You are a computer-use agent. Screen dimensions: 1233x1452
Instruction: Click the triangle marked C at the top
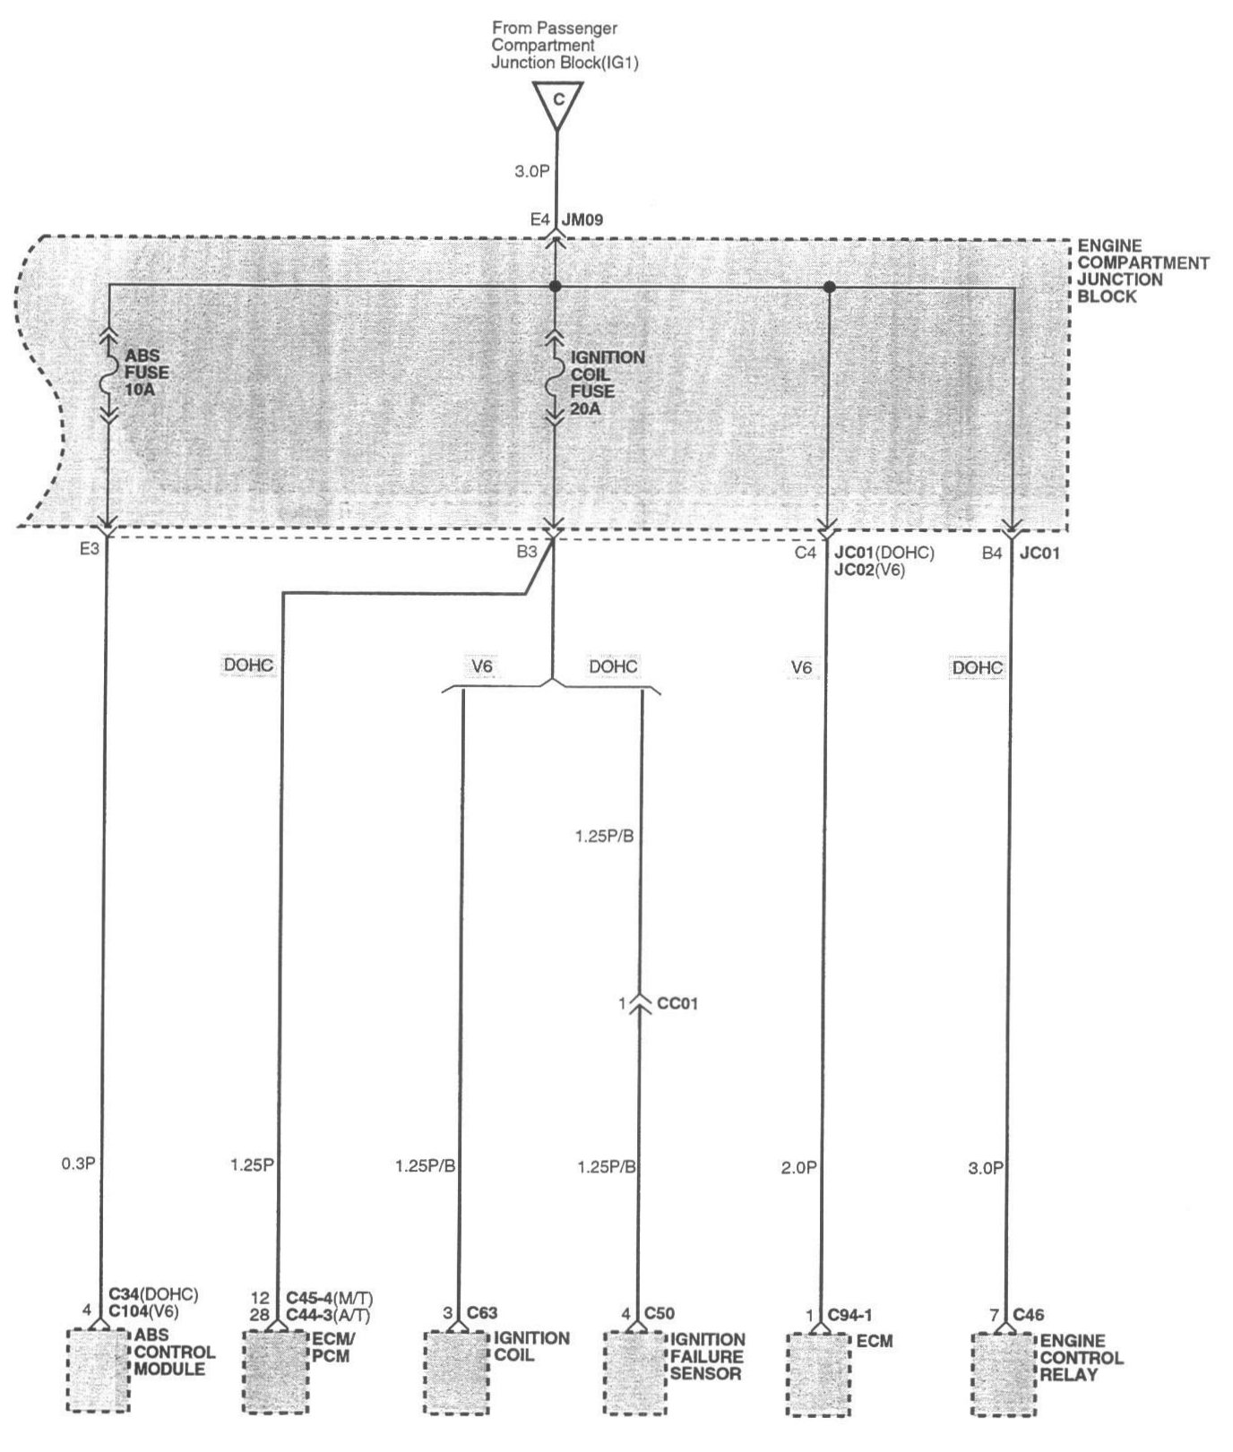(557, 101)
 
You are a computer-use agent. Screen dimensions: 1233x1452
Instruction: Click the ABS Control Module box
(98, 1370)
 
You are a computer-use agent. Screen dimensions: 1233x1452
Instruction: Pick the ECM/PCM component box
(276, 1371)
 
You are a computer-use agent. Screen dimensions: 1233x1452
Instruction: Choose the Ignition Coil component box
(455, 1372)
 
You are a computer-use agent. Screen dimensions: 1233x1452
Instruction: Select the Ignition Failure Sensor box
(634, 1372)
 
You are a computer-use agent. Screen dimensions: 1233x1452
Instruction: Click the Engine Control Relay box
(1005, 1374)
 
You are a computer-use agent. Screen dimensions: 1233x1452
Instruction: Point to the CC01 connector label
(677, 1004)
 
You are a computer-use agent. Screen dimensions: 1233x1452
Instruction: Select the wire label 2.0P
(798, 1167)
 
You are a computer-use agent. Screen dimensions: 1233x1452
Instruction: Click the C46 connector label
(1029, 1315)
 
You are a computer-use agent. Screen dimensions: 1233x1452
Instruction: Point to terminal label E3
(89, 549)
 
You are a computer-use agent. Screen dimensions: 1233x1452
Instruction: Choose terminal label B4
(991, 554)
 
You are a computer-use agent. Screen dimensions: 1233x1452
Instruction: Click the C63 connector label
(481, 1313)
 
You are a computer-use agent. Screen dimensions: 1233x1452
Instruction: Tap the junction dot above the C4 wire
(829, 287)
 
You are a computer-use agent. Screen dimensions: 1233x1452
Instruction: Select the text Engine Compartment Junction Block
(1142, 271)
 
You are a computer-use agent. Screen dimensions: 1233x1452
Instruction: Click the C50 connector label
(660, 1313)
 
